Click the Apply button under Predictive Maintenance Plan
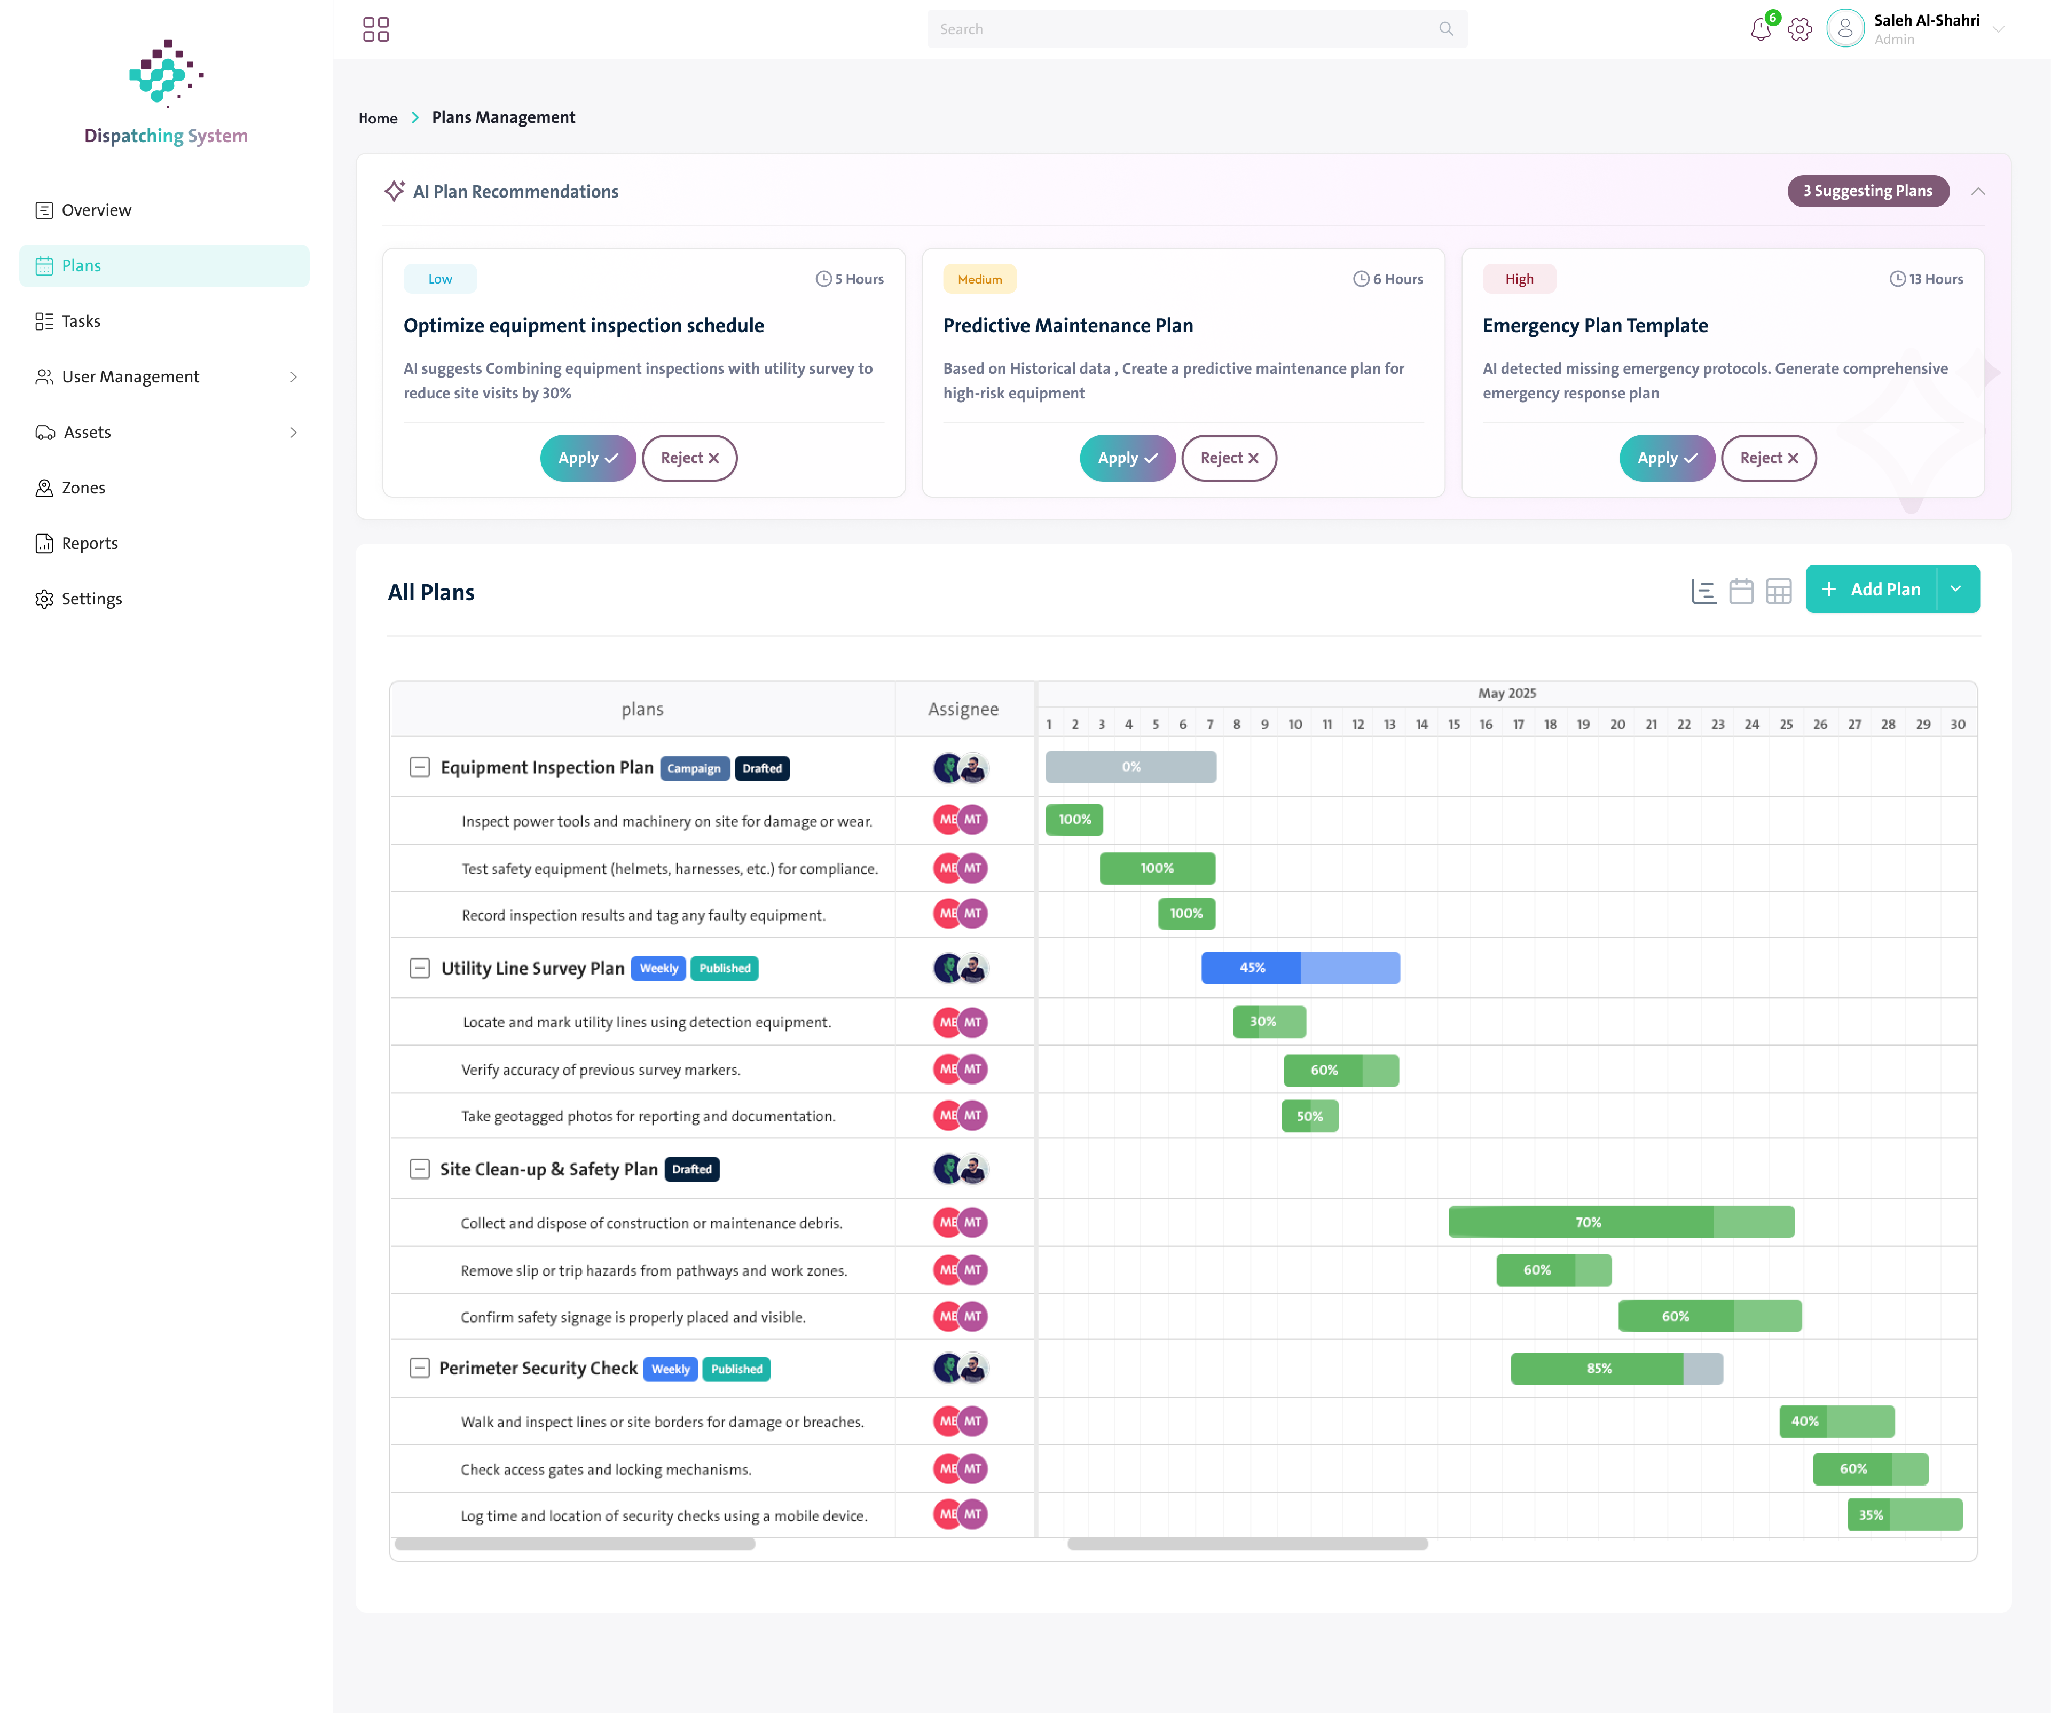tap(1127, 458)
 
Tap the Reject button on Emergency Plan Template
tap(1768, 458)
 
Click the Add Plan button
tap(1871, 589)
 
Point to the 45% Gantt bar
tap(1300, 968)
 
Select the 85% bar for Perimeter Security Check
tap(1616, 1368)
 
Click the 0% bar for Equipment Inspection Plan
tap(1131, 767)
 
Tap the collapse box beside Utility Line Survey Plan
tap(419, 968)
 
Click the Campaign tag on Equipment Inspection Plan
tap(694, 768)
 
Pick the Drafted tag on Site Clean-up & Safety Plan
tap(691, 1169)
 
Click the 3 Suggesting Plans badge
tap(1867, 191)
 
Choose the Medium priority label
tap(980, 279)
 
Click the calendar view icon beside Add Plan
tap(1740, 591)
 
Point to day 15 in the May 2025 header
tap(1453, 725)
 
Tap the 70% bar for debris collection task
tap(1621, 1222)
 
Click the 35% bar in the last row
tap(1905, 1515)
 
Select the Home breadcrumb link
tap(378, 118)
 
